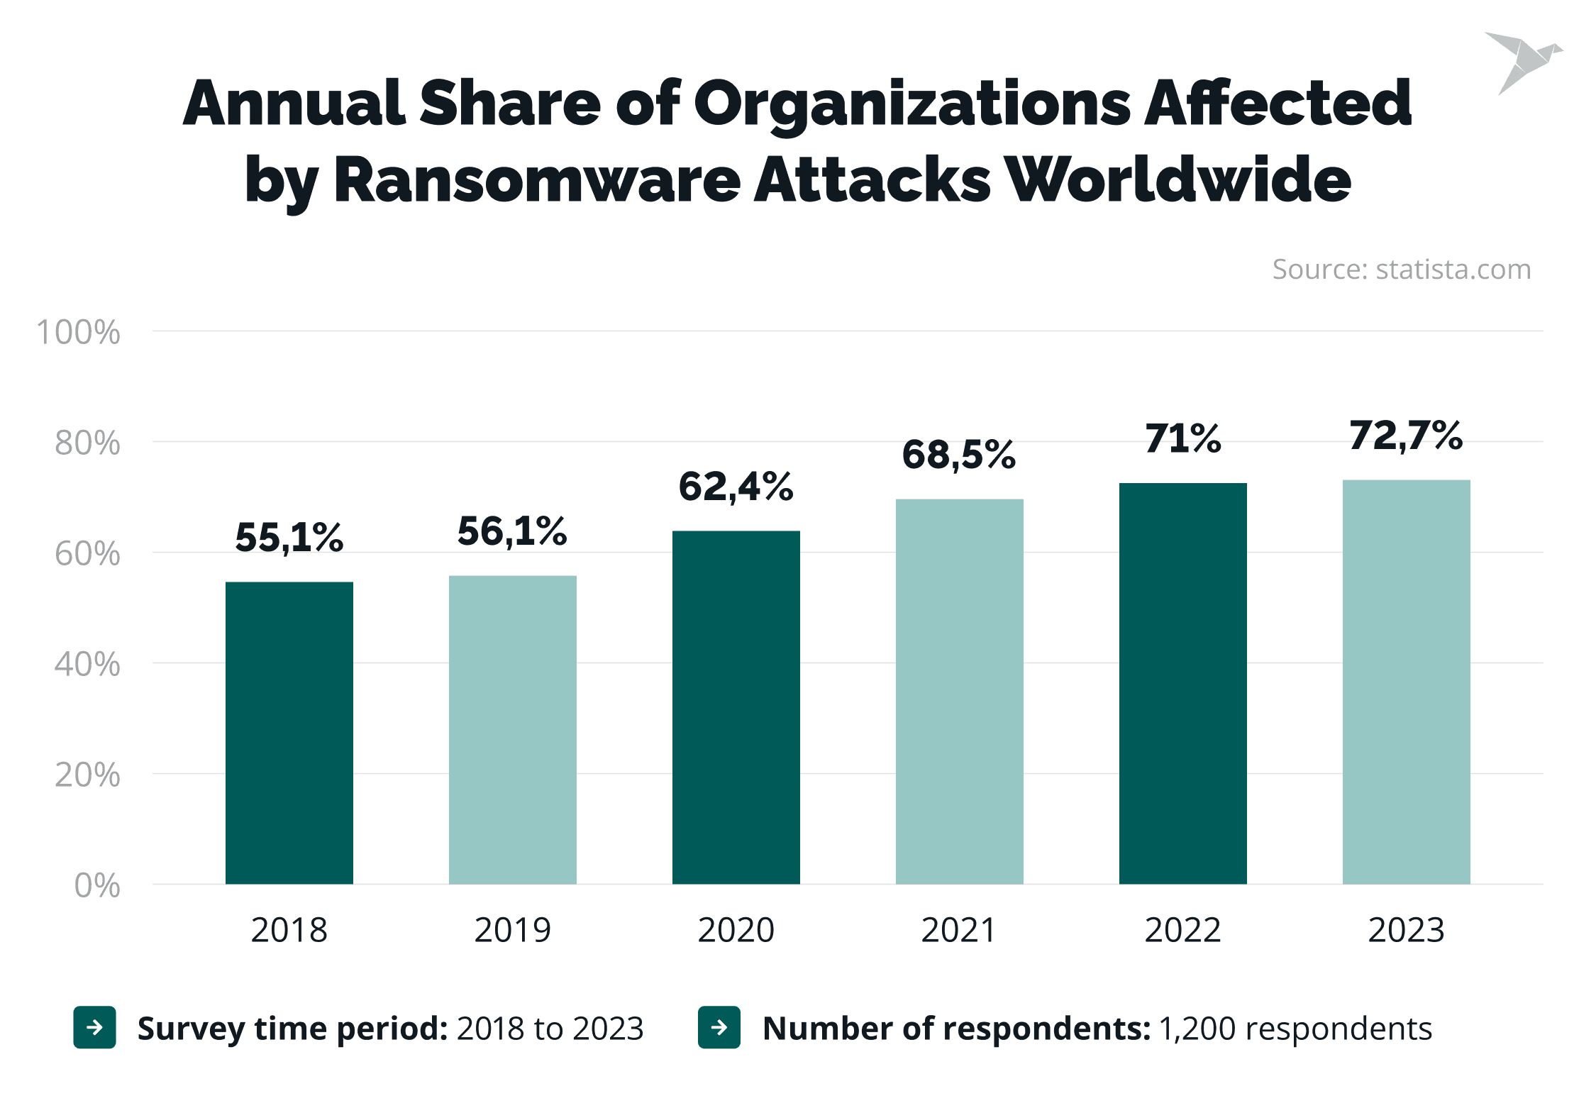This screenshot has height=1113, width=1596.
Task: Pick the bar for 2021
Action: coord(959,691)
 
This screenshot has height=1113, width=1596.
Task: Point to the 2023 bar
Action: coord(1406,682)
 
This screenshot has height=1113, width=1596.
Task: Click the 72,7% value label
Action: coord(1406,435)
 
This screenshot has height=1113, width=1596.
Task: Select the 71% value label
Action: coord(1182,438)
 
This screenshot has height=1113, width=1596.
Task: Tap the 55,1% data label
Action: coord(289,536)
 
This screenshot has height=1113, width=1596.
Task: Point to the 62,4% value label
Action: coord(736,487)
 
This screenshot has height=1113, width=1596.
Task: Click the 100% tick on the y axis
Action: coord(78,332)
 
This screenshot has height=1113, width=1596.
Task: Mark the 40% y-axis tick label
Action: coord(87,664)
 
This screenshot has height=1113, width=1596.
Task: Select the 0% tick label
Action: coord(96,885)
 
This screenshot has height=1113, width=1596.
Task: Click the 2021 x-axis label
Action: coord(959,929)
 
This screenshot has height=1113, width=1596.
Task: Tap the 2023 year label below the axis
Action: coord(1406,929)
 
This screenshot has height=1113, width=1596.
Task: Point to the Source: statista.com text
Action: coord(1401,270)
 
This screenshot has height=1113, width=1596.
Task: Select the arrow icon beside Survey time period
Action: coord(94,1027)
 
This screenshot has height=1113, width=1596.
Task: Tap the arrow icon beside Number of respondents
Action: coord(719,1027)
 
